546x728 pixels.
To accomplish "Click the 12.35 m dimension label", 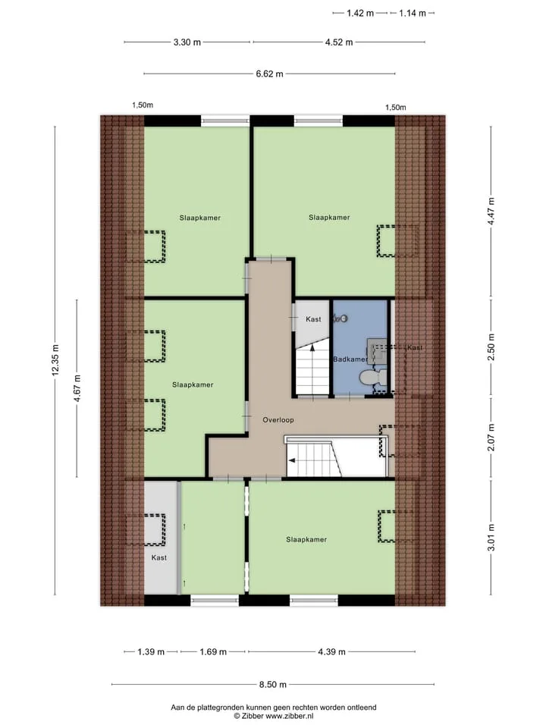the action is click(55, 360).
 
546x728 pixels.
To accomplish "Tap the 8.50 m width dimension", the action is click(273, 684).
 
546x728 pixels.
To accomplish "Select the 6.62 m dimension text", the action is click(270, 74).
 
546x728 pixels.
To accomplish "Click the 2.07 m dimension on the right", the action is click(491, 438).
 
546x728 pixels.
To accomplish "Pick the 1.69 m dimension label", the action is click(213, 652).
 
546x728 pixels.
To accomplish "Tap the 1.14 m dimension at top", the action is click(413, 13).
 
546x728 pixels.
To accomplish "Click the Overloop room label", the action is click(278, 420).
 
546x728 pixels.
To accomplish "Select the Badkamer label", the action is click(350, 359).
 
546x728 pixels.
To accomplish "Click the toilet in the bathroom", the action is click(374, 378).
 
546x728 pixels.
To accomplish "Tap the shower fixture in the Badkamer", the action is click(341, 318).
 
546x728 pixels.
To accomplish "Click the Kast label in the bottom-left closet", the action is click(159, 557).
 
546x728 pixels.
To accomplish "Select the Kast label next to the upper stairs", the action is click(313, 319).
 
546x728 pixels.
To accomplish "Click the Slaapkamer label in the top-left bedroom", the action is click(200, 218).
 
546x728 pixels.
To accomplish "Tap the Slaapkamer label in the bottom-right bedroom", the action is click(306, 539).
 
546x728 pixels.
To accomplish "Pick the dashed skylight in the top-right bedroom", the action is click(397, 241).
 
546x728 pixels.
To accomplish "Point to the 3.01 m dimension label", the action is click(491, 538).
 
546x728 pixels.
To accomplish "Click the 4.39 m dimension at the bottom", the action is click(332, 652).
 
